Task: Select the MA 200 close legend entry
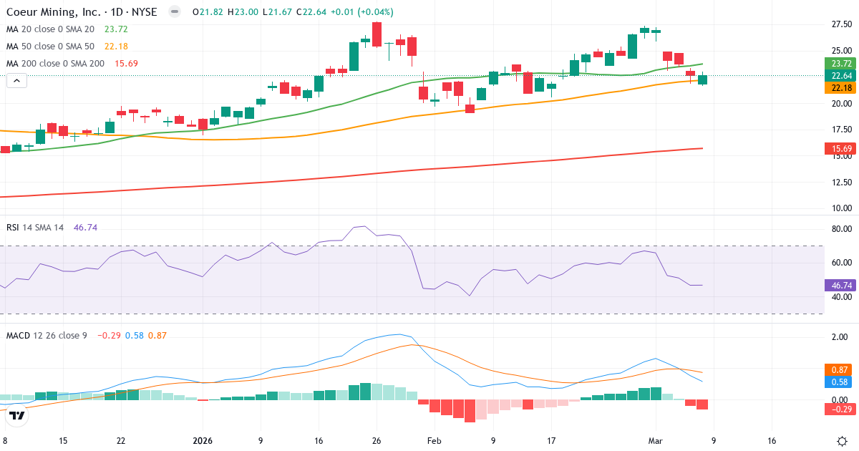tap(55, 63)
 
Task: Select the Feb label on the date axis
tap(434, 440)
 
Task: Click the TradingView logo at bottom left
tap(17, 414)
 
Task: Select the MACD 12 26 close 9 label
tap(47, 335)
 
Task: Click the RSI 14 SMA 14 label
tap(35, 227)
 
